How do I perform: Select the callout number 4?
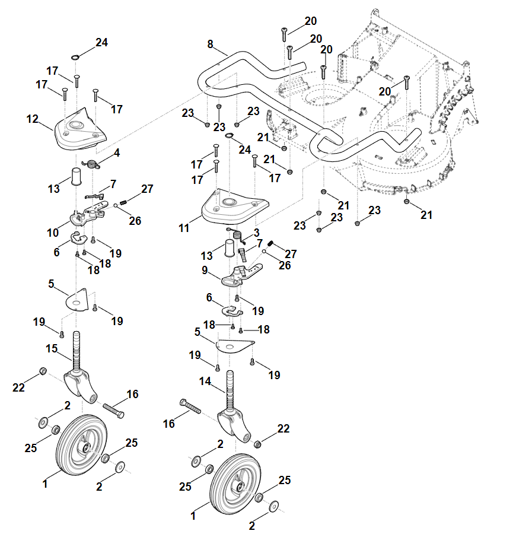(x=117, y=152)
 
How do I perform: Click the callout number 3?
(x=256, y=231)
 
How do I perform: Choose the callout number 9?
(x=205, y=270)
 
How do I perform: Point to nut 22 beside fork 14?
(x=259, y=444)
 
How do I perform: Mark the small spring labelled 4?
(x=92, y=164)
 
